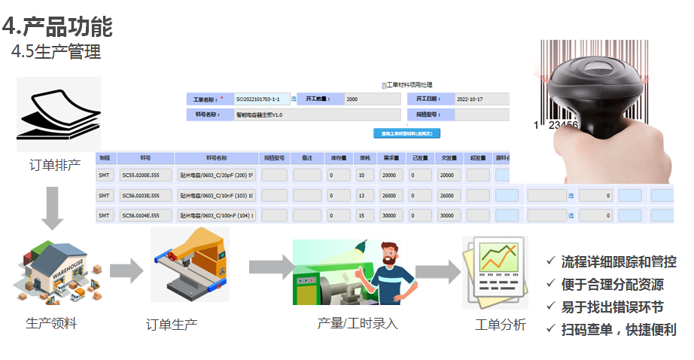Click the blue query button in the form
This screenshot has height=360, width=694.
[x=406, y=133]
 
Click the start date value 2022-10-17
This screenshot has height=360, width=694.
[x=482, y=99]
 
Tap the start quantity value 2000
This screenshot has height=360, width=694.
[x=372, y=99]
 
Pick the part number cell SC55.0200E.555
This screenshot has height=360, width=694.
[x=145, y=175]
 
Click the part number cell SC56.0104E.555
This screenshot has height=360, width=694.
[x=145, y=215]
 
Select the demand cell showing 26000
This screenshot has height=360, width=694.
[x=393, y=195]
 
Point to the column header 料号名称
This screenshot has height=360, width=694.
[x=217, y=158]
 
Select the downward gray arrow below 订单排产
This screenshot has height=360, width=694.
[x=52, y=209]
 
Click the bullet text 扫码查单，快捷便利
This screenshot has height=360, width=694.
[x=618, y=329]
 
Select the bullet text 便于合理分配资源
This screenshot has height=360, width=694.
[x=612, y=284]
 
